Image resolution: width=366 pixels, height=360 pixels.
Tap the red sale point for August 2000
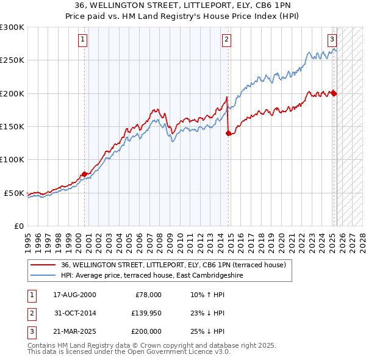click(84, 175)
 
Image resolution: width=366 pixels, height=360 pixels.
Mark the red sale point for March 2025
click(334, 93)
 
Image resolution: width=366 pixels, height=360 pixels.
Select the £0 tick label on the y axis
click(19, 226)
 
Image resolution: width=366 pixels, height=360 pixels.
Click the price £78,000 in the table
click(147, 295)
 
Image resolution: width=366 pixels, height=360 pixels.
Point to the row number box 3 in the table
click(32, 331)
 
